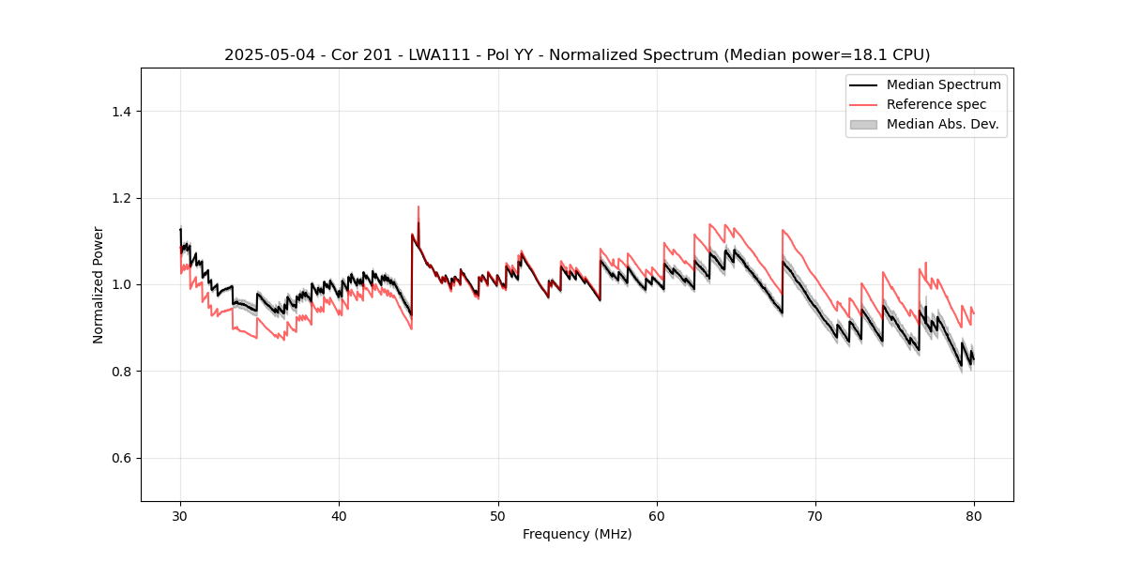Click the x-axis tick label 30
(x=180, y=516)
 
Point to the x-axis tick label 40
(x=339, y=516)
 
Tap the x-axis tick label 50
(x=498, y=516)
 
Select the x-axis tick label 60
(x=657, y=516)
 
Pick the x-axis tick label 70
(x=815, y=516)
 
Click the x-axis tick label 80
(x=974, y=516)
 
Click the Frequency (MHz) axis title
(x=577, y=535)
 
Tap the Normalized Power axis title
(x=99, y=284)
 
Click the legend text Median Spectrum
(x=943, y=84)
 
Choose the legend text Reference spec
(x=936, y=104)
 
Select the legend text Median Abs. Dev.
(x=942, y=124)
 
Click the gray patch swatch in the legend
(x=863, y=124)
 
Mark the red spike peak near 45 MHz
(x=418, y=207)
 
